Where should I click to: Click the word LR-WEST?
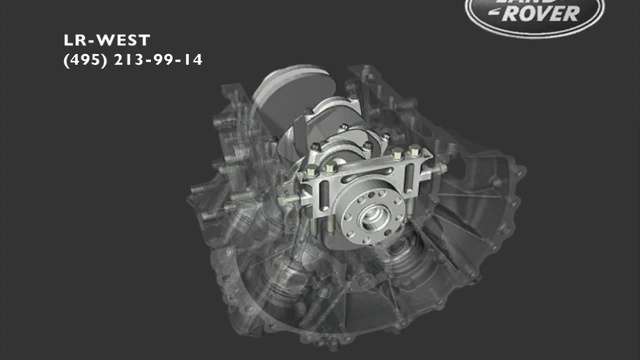pos(107,40)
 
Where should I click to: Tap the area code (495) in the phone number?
pos(85,60)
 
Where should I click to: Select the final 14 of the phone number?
pos(193,60)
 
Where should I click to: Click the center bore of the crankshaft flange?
pos(373,217)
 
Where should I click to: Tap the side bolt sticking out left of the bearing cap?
pos(289,200)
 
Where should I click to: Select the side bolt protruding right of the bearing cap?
pos(437,169)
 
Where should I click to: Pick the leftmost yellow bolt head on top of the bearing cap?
pos(312,171)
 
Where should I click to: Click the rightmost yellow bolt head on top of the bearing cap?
pos(415,151)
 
